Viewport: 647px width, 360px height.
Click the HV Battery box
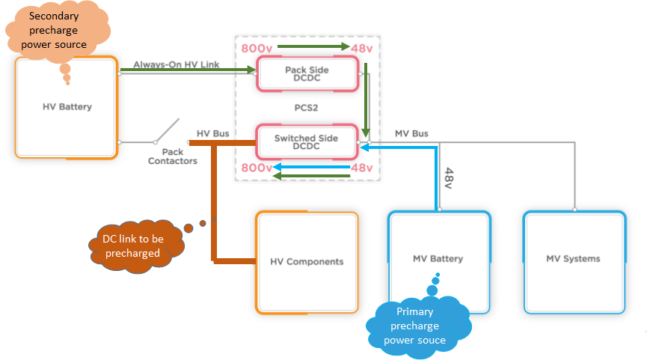pos(67,107)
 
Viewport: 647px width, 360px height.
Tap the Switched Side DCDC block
pos(306,142)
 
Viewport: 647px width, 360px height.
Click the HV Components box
pos(307,261)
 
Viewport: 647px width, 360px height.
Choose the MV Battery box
pos(438,259)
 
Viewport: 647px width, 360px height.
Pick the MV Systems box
pos(573,259)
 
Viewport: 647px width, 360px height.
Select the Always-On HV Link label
pos(177,65)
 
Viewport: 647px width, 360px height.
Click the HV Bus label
pos(212,133)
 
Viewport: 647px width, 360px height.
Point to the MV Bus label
pos(411,133)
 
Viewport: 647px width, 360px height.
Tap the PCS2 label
pos(307,108)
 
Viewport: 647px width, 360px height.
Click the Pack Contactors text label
pos(173,156)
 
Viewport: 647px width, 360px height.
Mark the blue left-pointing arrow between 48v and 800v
pos(311,166)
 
